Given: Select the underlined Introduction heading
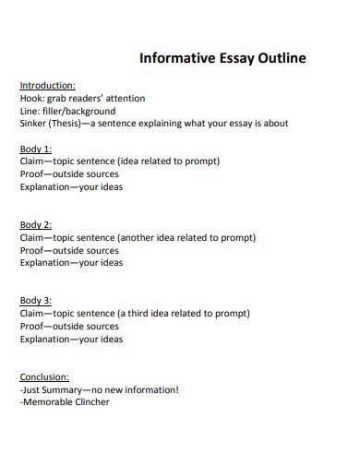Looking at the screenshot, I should point(47,85).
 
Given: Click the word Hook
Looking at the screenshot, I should point(30,98).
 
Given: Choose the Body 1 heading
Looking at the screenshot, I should point(35,149).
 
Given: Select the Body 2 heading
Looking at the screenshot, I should point(35,224).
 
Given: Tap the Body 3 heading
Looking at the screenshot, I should point(35,301).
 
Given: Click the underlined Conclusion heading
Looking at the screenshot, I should point(44,376).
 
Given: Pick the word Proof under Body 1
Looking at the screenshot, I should point(32,173).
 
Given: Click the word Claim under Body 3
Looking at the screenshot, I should point(32,314).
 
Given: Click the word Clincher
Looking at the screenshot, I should point(90,402).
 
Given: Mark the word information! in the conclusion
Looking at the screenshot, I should point(150,389).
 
